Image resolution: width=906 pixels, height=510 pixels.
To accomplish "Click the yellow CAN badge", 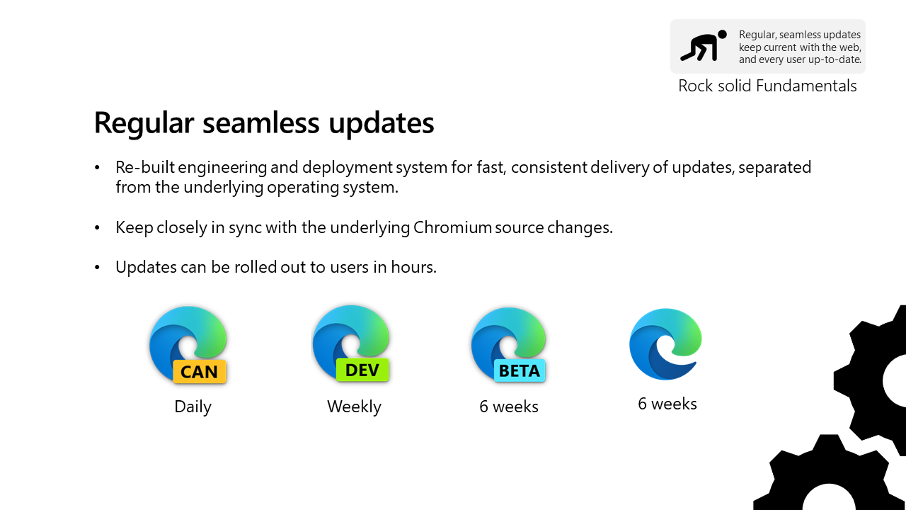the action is [200, 371].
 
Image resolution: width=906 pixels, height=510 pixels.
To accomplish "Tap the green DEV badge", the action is [362, 370].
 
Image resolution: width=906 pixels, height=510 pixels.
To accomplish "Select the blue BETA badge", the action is [520, 370].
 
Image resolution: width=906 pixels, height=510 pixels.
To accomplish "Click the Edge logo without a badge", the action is [665, 344].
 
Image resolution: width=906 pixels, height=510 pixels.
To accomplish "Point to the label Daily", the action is [193, 407].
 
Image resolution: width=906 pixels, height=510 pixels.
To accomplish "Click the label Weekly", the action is [355, 407].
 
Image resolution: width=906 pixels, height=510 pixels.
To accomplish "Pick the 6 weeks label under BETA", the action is [509, 407].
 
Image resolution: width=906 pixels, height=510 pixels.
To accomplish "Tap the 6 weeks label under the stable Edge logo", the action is [667, 404].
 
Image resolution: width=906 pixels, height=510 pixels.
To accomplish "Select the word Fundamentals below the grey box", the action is [806, 86].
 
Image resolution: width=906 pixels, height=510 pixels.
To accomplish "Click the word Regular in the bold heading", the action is [144, 123].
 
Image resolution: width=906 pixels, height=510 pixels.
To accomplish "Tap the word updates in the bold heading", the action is [382, 123].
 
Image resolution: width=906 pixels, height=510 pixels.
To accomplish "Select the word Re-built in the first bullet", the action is [145, 167].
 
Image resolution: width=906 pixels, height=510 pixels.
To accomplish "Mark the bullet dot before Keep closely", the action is [97, 228].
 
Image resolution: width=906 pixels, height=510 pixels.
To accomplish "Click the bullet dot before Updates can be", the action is [97, 268].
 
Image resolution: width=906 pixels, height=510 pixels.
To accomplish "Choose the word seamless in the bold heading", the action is [261, 123].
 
